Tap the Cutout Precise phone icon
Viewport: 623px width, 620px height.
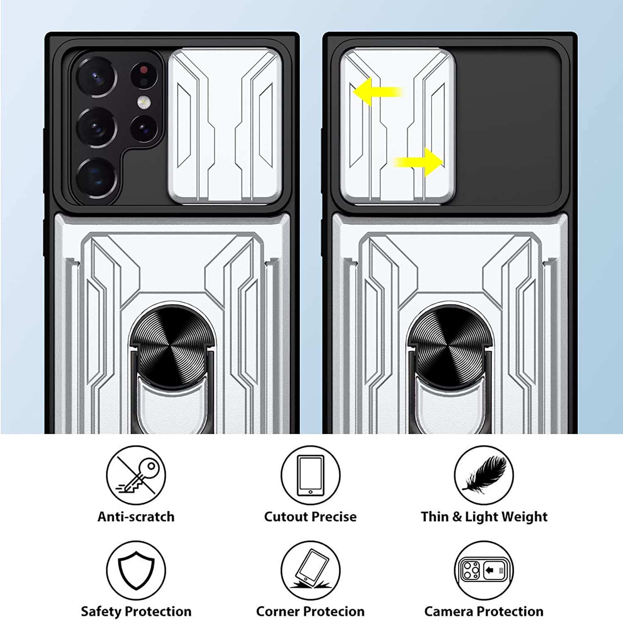pyautogui.click(x=310, y=475)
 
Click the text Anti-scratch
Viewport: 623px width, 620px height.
pyautogui.click(x=136, y=517)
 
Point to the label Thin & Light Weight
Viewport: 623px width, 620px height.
pyautogui.click(x=484, y=517)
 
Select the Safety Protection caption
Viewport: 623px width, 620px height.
pyautogui.click(x=136, y=612)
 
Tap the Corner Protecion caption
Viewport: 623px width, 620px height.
pyautogui.click(x=310, y=612)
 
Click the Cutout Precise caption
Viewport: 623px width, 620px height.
pyautogui.click(x=310, y=517)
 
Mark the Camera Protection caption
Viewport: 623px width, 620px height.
pyautogui.click(x=484, y=612)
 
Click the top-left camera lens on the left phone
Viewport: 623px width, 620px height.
pyautogui.click(x=96, y=77)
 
